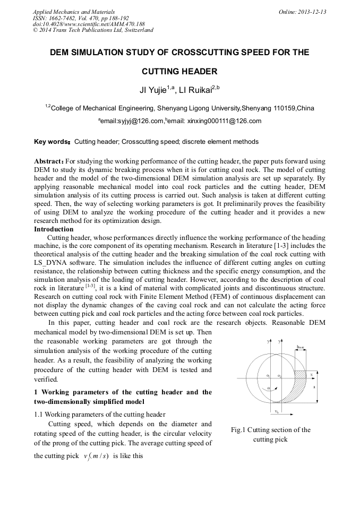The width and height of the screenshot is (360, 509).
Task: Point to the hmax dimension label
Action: [301, 347]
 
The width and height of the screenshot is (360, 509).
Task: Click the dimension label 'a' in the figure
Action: [315, 387]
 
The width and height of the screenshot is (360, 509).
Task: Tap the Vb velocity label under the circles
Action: [277, 412]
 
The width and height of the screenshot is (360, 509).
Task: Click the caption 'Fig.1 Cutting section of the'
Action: [271, 430]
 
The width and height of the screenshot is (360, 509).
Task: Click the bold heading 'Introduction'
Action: [54, 229]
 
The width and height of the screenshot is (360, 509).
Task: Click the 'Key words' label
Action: [51, 142]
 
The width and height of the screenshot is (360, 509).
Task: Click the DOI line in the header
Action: [89, 24]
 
